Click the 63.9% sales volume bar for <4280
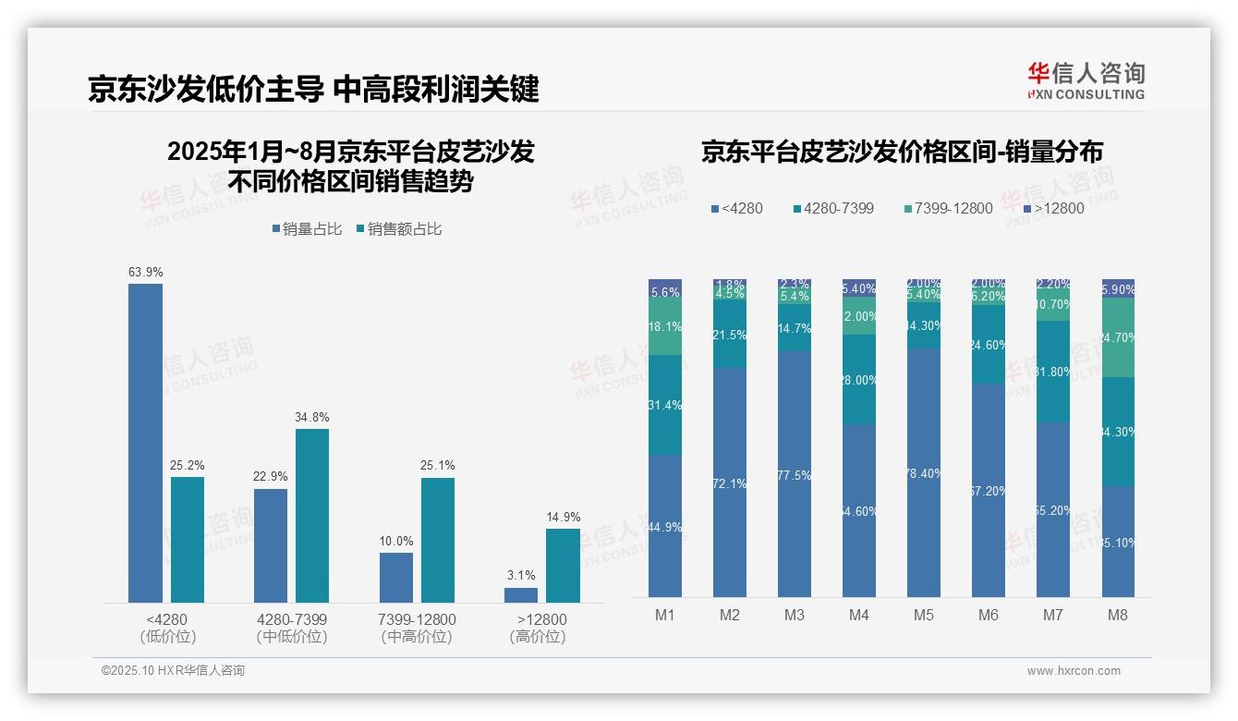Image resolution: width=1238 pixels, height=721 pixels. tap(145, 444)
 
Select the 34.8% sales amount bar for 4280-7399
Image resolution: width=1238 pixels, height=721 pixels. tap(312, 516)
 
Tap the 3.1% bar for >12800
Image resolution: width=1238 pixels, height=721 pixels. tap(521, 595)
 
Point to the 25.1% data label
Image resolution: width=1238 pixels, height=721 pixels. tap(437, 466)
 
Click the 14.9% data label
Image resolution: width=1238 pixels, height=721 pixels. tap(563, 518)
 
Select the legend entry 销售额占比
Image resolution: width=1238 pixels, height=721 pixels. tap(399, 229)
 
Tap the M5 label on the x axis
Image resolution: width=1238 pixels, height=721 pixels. tap(924, 616)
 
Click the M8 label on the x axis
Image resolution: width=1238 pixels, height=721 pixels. tap(1117, 616)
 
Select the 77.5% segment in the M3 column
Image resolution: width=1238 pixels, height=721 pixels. tap(795, 475)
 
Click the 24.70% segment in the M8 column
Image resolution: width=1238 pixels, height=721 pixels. tap(1118, 338)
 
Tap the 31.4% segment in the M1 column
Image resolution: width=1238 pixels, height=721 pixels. tap(665, 405)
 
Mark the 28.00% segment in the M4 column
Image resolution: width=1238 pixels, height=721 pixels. tap(859, 380)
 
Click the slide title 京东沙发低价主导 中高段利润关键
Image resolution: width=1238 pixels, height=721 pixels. tap(313, 90)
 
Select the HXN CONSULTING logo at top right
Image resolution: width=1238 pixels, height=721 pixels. tap(1086, 81)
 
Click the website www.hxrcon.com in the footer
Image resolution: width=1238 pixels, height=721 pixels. tap(1074, 671)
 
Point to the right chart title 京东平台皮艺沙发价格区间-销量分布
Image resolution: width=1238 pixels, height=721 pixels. tap(902, 153)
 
